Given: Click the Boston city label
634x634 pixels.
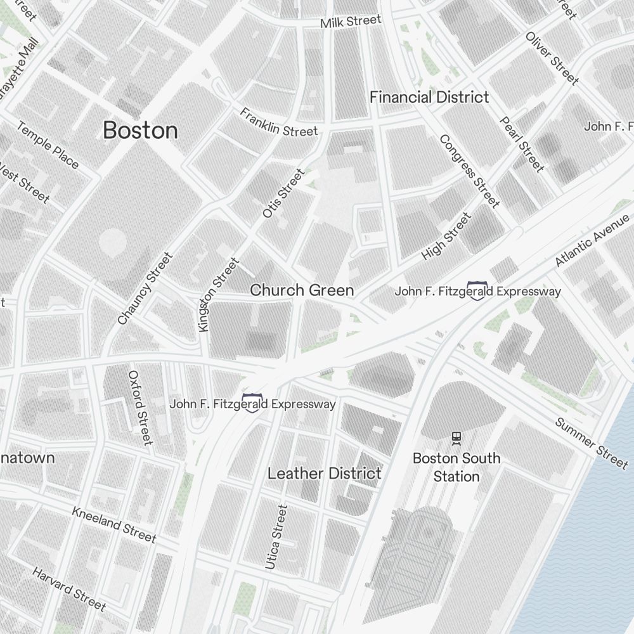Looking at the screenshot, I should click(x=140, y=131).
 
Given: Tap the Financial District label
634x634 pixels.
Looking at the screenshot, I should click(x=429, y=97).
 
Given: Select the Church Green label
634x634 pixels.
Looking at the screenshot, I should click(x=302, y=290).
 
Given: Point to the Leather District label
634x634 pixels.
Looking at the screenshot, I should click(x=325, y=473).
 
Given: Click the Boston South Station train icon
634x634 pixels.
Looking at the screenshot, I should click(x=456, y=437).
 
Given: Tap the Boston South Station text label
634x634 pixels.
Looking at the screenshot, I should click(x=456, y=467).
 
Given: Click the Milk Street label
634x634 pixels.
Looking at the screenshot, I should click(x=351, y=22).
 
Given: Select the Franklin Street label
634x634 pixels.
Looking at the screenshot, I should click(x=278, y=122).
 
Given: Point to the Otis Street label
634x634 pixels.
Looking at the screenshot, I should click(x=283, y=193).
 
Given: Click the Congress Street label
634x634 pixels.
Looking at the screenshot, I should click(x=469, y=171).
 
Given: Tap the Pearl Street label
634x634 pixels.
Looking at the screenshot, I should click(x=522, y=144).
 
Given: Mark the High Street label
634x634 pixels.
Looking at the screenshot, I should click(x=447, y=236).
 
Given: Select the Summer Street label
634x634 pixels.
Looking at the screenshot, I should click(x=591, y=442).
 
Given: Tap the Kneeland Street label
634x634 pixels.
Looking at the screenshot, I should click(x=114, y=524).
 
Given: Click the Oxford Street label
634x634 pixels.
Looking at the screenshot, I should click(x=140, y=407).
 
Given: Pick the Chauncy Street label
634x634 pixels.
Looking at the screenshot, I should click(x=145, y=288).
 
